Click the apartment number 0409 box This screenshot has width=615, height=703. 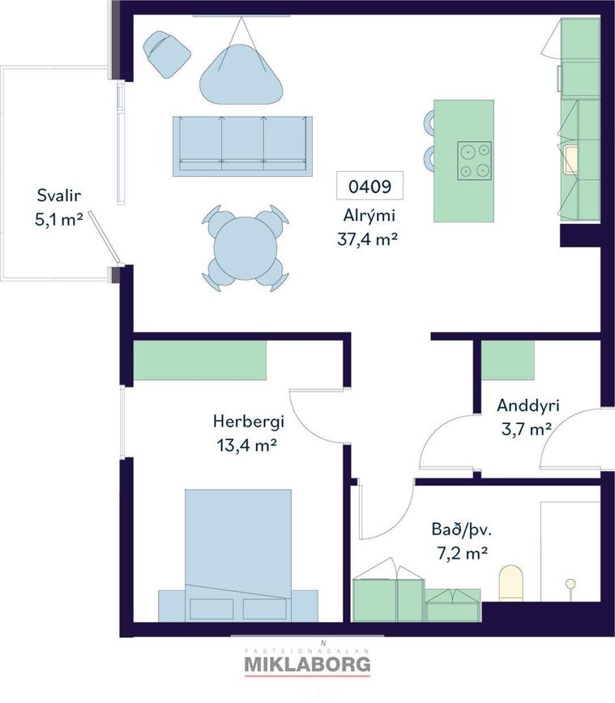(369, 186)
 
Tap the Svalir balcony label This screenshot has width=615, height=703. (58, 195)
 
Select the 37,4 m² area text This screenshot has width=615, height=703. (367, 239)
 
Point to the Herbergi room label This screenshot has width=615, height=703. (249, 422)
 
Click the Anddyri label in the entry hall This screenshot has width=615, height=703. (528, 405)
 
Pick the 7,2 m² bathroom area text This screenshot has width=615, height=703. (462, 554)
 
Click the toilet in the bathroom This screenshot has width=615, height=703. (511, 583)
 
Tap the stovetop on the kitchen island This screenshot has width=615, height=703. (474, 161)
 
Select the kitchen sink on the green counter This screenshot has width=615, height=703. (570, 160)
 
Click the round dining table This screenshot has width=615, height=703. (245, 248)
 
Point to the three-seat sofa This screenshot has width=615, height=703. (242, 146)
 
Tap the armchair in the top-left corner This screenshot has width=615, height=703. (166, 54)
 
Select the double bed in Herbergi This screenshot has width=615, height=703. (238, 555)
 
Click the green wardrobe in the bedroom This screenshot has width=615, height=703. (200, 360)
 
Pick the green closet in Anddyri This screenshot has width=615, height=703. (507, 361)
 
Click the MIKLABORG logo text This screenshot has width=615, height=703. (307, 664)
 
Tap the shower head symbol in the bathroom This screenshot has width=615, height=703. (570, 584)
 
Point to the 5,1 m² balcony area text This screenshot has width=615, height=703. (58, 220)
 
